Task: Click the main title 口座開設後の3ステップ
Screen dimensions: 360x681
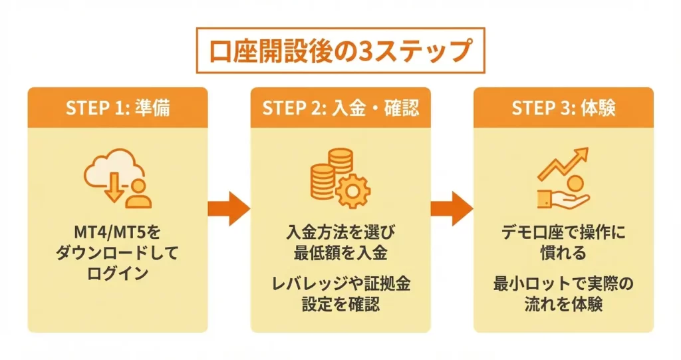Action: (340, 51)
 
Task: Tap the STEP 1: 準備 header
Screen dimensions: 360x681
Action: (118, 108)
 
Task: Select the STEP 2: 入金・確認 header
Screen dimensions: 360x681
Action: (340, 108)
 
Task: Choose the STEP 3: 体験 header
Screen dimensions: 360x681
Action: (563, 108)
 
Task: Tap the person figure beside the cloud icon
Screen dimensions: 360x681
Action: (138, 194)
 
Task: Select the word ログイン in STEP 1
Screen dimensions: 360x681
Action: (118, 275)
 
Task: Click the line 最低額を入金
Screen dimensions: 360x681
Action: (340, 254)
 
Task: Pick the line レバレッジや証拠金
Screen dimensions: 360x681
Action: (340, 285)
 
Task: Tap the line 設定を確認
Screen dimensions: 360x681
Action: (340, 305)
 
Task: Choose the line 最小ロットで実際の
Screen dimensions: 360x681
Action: (563, 285)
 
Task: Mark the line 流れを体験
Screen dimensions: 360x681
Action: (563, 305)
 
